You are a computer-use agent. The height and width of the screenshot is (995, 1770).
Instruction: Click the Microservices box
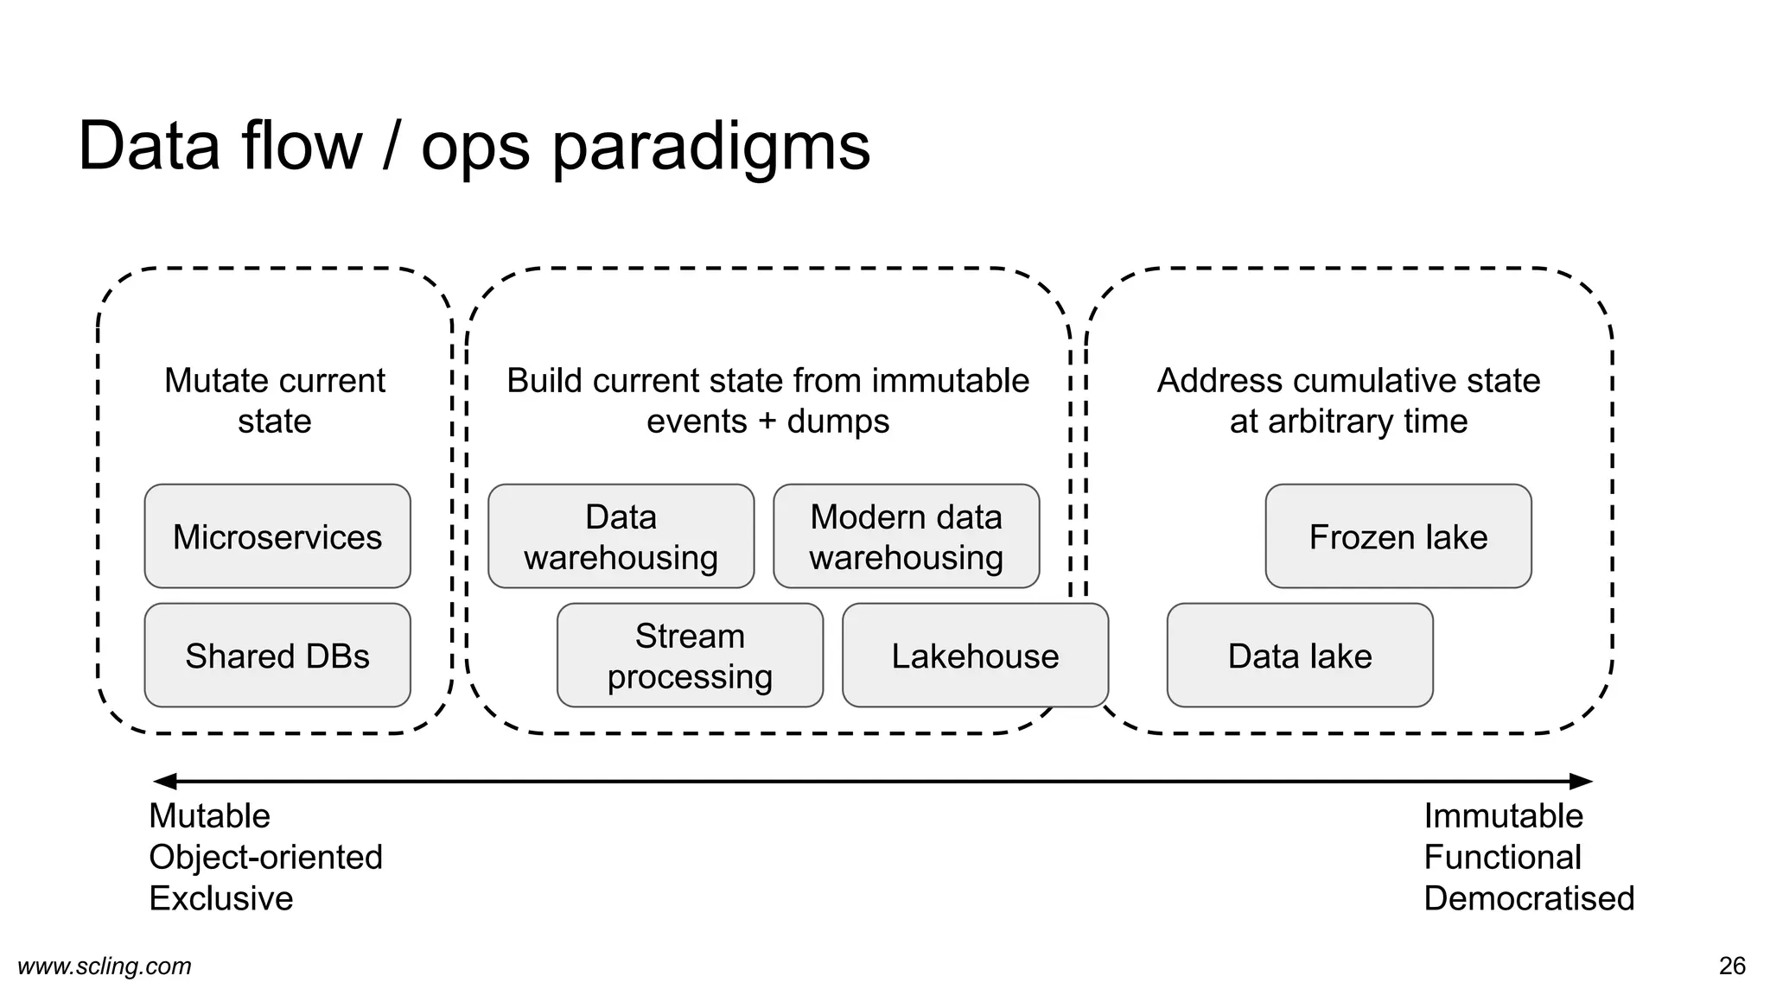click(x=277, y=536)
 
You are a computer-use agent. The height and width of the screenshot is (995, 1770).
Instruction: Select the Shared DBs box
click(x=277, y=656)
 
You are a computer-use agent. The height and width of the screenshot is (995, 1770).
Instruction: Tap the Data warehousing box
click(x=621, y=536)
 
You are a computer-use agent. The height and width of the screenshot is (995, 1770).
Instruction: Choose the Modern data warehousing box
click(x=906, y=536)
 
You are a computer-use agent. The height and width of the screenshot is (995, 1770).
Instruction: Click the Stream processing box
click(x=690, y=656)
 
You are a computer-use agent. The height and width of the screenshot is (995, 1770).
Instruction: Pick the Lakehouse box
click(x=975, y=656)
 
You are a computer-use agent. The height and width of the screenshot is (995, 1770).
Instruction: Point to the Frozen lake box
click(x=1398, y=536)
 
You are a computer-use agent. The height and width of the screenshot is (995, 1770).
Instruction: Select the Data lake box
click(x=1299, y=656)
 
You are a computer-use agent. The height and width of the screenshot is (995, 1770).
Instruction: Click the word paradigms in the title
click(x=710, y=147)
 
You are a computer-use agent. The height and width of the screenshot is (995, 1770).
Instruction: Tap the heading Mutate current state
click(x=275, y=401)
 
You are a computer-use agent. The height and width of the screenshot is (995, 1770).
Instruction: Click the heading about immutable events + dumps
click(x=767, y=401)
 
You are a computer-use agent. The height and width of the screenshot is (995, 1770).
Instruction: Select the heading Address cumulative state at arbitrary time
click(x=1348, y=401)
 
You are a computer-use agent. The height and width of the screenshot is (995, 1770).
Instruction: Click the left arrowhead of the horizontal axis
click(x=162, y=782)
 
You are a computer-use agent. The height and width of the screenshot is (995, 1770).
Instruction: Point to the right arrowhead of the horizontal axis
click(x=1582, y=782)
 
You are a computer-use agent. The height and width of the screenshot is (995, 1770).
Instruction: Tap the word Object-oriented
click(x=265, y=857)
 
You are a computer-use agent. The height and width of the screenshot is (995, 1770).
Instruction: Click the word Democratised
click(x=1528, y=898)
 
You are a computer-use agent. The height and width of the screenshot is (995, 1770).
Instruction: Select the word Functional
click(x=1502, y=857)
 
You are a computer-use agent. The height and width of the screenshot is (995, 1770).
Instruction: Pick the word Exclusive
click(x=220, y=898)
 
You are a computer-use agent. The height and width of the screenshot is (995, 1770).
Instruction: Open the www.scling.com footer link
click(x=105, y=966)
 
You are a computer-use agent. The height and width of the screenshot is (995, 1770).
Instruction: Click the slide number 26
click(x=1732, y=966)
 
